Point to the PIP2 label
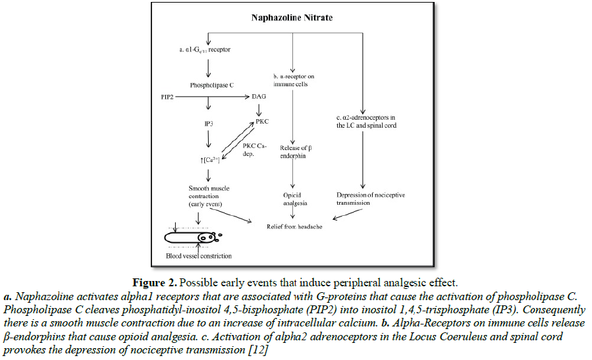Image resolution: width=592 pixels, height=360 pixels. click(169, 96)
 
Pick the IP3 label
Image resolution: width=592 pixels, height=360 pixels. click(209, 123)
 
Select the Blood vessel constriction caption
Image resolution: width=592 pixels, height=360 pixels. click(198, 256)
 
